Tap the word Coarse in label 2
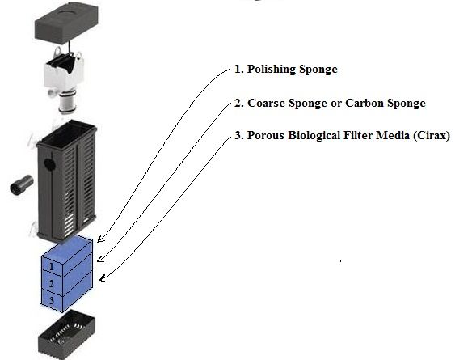pos(266,103)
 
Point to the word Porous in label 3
pos(266,135)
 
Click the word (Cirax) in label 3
pos(432,135)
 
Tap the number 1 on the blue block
pos(52,267)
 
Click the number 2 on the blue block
pos(52,284)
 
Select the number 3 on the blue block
pos(52,300)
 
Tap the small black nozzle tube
pos(21,185)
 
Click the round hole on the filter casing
pos(49,164)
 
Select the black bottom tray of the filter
pos(66,335)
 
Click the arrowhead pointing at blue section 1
pos(101,239)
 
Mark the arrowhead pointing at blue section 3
pos(103,278)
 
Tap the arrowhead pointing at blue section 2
pos(100,259)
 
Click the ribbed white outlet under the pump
pos(67,104)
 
